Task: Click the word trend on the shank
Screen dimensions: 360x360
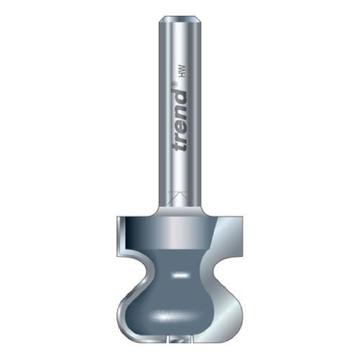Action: [179, 122]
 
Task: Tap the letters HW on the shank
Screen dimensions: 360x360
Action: [183, 71]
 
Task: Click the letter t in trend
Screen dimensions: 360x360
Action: [179, 147]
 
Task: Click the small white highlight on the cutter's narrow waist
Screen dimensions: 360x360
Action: [179, 275]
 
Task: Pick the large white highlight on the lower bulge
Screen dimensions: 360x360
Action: [174, 318]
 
